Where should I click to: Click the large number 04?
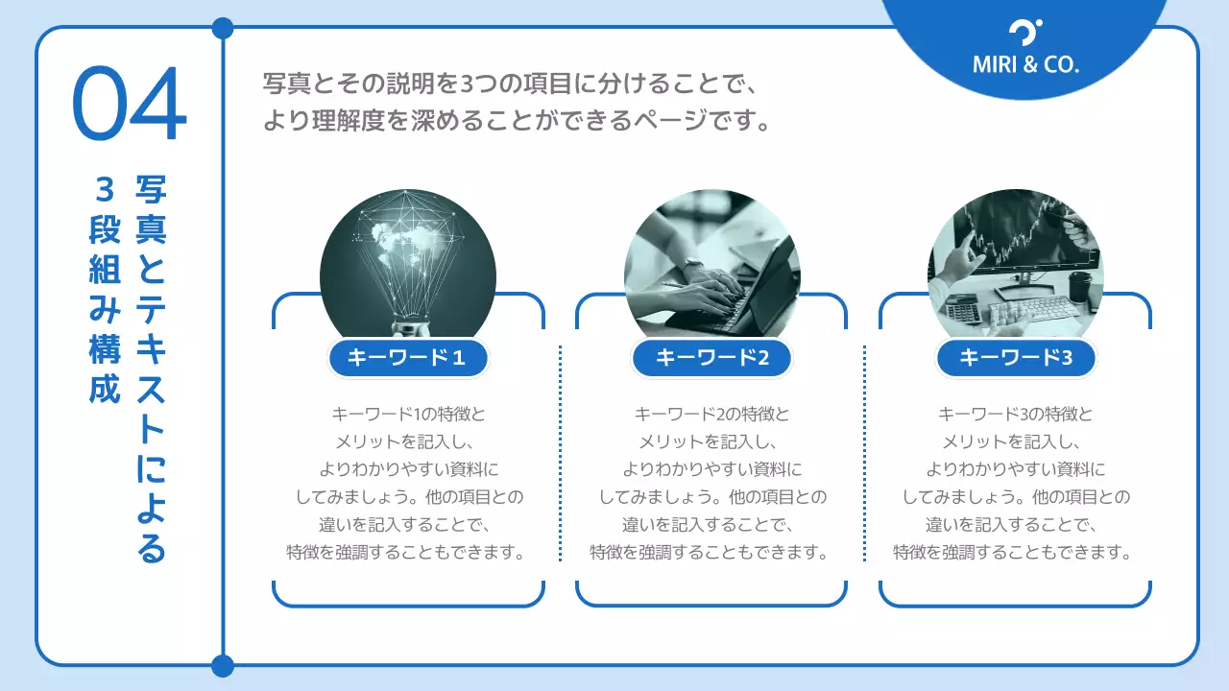[130, 105]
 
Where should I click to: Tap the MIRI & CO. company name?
[1025, 65]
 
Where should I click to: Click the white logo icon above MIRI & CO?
[1025, 33]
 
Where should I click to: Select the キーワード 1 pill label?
[408, 359]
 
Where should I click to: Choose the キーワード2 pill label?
[711, 359]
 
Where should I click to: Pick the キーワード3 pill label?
[1015, 359]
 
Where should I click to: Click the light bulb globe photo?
[408, 264]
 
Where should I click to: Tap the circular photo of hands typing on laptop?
[711, 264]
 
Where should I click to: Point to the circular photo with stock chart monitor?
[1015, 259]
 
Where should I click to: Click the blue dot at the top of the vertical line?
[223, 28]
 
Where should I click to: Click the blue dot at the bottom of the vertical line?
[223, 665]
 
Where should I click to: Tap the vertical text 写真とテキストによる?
[152, 369]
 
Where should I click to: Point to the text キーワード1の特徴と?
[408, 415]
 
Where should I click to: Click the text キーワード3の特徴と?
[1015, 415]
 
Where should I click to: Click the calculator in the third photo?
[962, 310]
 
